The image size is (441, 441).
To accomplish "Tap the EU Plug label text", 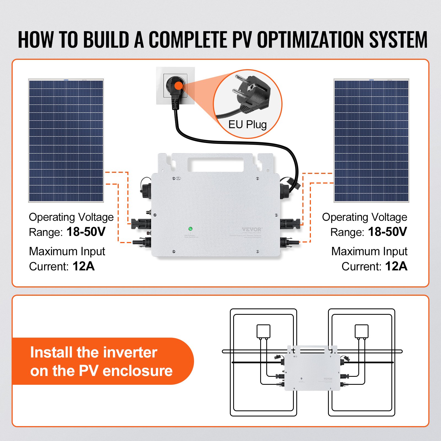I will pos(247,125).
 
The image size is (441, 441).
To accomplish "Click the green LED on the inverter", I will pos(190,228).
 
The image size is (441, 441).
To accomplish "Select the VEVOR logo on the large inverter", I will pos(251,229).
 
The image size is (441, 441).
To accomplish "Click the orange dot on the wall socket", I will pos(179,85).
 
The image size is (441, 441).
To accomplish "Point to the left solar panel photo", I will pos(66,141).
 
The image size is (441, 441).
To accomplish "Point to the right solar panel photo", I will pos(371,141).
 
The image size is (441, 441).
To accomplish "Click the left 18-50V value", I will pos(86,232).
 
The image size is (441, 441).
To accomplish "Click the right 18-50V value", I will pos(387,232).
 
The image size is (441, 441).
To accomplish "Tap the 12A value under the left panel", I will pos(84,266).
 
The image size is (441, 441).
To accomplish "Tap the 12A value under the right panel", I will pos(396,266).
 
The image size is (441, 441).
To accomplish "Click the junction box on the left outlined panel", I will pos(263,331).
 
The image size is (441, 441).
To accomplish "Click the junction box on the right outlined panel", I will pos(361,331).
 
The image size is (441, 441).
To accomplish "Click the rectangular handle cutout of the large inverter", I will pos(215,165).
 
